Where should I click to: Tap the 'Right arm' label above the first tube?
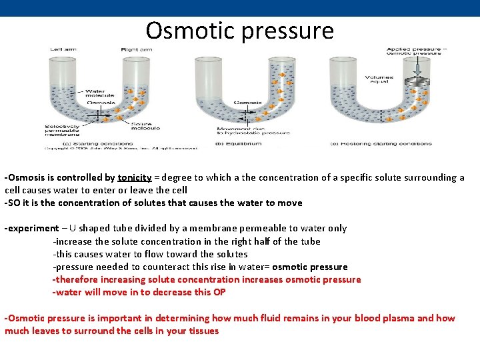pyautogui.click(x=135, y=50)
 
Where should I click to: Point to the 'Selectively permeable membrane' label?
pyautogui.click(x=64, y=131)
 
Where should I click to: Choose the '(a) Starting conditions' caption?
pyautogui.click(x=73, y=143)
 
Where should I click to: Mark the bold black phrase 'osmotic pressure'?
pyautogui.click(x=310, y=267)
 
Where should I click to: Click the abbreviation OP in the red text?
pyautogui.click(x=219, y=292)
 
